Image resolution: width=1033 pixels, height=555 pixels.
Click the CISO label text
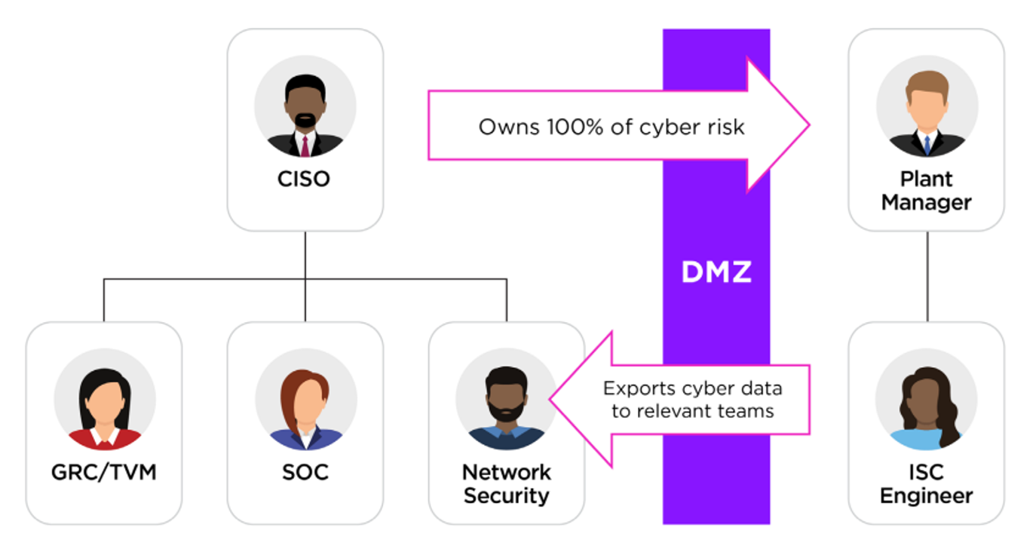click(305, 179)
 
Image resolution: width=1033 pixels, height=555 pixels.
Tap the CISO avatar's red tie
click(305, 145)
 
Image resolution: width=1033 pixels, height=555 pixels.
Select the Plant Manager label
click(926, 191)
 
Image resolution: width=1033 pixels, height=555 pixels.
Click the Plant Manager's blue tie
click(927, 144)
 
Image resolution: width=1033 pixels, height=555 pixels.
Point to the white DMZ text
click(716, 272)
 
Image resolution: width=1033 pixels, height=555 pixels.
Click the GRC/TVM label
click(104, 473)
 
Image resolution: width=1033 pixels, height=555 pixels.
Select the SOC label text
click(305, 473)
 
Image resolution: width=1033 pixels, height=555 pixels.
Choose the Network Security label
click(506, 484)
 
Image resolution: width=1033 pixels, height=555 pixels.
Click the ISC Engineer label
click(926, 484)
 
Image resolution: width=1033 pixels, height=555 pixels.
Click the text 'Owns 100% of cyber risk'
click(611, 127)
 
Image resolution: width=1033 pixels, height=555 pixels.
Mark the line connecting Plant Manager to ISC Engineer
click(927, 276)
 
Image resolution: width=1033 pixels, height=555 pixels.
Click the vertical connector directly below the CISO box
click(305, 255)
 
